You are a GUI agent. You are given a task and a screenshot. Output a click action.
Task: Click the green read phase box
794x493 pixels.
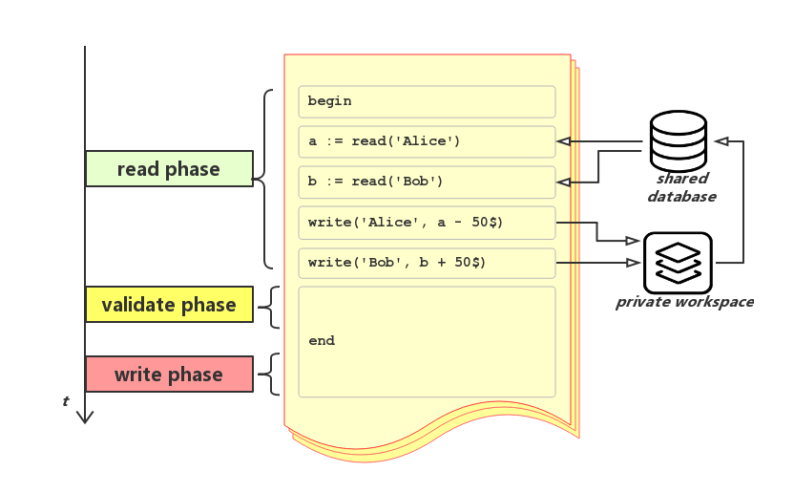coord(169,169)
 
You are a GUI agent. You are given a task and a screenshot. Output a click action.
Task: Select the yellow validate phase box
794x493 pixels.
coord(169,305)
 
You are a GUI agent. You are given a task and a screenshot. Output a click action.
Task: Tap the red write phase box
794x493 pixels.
coord(169,375)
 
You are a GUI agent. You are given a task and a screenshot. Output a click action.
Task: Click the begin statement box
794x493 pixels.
coord(426,101)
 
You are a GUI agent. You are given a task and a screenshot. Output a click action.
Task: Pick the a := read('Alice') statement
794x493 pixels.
coord(426,141)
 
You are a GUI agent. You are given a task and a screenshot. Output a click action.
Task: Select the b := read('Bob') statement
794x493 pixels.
coord(426,182)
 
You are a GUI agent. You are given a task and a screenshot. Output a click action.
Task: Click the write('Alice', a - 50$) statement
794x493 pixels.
coord(426,223)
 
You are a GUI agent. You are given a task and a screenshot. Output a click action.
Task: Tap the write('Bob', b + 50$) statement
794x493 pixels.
coord(426,263)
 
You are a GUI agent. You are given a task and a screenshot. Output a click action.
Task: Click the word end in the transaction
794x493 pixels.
coord(322,341)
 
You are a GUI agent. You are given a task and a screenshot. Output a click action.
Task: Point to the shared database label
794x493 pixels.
coord(681,187)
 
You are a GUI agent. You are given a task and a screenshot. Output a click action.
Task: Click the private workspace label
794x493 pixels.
coord(684,302)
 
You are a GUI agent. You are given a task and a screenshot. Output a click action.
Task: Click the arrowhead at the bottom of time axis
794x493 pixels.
coord(85,417)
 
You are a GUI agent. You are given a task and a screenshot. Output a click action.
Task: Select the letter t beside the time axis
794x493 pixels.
coord(66,401)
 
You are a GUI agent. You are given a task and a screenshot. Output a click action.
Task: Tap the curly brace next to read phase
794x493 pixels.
coord(264,179)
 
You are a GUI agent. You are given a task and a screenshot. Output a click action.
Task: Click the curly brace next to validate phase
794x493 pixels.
coord(268,307)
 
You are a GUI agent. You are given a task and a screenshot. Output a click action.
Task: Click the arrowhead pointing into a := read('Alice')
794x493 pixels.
coord(564,141)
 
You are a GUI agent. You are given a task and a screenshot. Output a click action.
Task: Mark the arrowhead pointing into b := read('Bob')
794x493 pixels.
coord(564,182)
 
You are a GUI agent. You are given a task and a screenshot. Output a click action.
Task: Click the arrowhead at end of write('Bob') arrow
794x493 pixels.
coord(633,262)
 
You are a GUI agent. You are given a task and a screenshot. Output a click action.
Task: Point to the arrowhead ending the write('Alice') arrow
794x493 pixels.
coord(633,241)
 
